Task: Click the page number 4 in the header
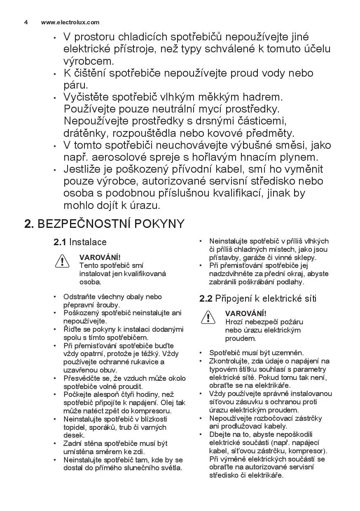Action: pyautogui.click(x=26, y=23)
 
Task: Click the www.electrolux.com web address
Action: pyautogui.click(x=70, y=23)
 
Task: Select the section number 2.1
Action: pyautogui.click(x=60, y=242)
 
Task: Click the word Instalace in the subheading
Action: pyautogui.click(x=88, y=242)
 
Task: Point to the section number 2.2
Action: pyautogui.click(x=206, y=298)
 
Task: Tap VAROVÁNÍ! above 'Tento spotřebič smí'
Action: pyautogui.click(x=100, y=257)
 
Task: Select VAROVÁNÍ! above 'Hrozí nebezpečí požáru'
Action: pyautogui.click(x=245, y=314)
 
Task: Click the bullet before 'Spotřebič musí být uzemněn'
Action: pyautogui.click(x=201, y=353)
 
